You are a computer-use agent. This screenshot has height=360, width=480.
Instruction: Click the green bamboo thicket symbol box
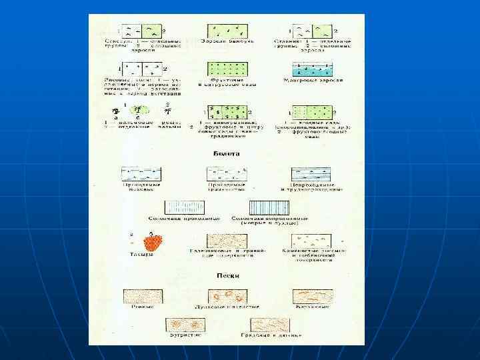click(x=227, y=31)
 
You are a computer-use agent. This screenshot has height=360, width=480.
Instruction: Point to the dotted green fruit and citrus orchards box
click(x=227, y=69)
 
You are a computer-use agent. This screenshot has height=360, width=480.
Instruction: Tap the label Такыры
click(x=141, y=255)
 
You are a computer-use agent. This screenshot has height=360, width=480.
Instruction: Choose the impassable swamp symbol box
click(x=312, y=175)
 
